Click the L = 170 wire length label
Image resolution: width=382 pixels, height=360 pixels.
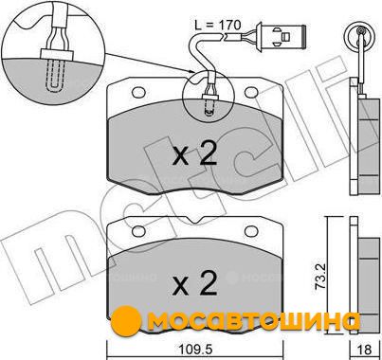tap(218, 25)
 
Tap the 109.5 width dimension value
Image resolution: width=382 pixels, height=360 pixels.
tap(195, 350)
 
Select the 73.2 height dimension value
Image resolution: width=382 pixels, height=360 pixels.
tap(319, 272)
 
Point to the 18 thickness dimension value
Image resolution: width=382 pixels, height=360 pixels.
tap(365, 350)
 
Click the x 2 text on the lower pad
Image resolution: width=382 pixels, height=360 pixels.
tap(194, 282)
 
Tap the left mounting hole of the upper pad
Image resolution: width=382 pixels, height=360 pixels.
tap(138, 92)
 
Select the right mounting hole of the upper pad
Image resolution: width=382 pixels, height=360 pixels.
tap(251, 92)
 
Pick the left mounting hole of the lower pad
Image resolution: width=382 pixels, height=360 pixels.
tap(138, 231)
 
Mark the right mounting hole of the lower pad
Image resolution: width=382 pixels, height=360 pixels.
tap(251, 231)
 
